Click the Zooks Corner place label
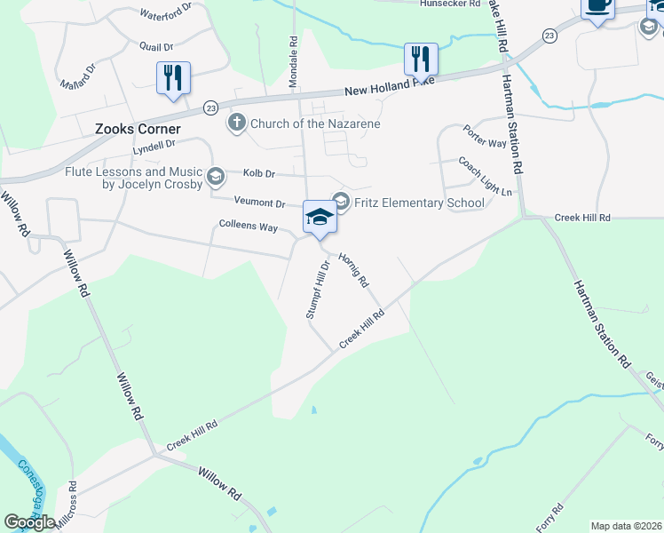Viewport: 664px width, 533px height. (138, 129)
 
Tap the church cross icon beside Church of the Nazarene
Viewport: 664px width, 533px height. (236, 122)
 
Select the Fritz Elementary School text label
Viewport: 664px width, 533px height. (419, 203)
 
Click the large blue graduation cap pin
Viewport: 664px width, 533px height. (320, 217)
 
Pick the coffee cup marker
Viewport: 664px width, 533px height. (597, 7)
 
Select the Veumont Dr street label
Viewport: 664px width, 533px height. (259, 203)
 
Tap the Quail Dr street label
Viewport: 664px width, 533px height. (155, 45)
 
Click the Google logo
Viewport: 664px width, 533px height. (30, 522)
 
